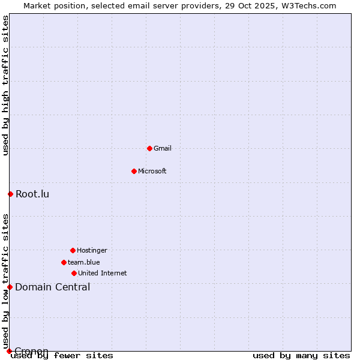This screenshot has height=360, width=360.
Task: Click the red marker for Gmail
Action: click(149, 148)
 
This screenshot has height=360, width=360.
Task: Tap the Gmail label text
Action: click(163, 148)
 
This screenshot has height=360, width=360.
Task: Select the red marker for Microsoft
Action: click(134, 171)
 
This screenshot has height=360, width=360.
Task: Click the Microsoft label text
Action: click(152, 171)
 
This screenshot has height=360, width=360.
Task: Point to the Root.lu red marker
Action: click(10, 194)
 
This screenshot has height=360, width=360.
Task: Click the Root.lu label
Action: click(32, 194)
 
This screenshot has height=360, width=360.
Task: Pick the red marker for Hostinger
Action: click(73, 250)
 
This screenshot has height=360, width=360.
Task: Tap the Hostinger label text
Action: click(92, 250)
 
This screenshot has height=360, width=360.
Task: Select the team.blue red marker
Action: click(64, 262)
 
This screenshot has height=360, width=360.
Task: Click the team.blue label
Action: click(84, 262)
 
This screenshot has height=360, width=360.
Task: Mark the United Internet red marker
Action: click(74, 273)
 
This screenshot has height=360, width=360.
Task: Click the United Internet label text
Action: click(103, 273)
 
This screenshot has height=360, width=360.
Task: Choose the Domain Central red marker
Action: click(10, 287)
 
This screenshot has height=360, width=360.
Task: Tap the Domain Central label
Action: click(53, 287)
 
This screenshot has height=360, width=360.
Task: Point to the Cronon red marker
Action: click(9, 351)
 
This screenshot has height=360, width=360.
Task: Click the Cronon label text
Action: click(32, 351)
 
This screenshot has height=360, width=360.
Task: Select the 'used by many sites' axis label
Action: click(301, 356)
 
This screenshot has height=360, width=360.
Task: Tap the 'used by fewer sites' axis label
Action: click(62, 356)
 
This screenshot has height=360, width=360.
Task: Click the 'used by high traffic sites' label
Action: click(5, 85)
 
